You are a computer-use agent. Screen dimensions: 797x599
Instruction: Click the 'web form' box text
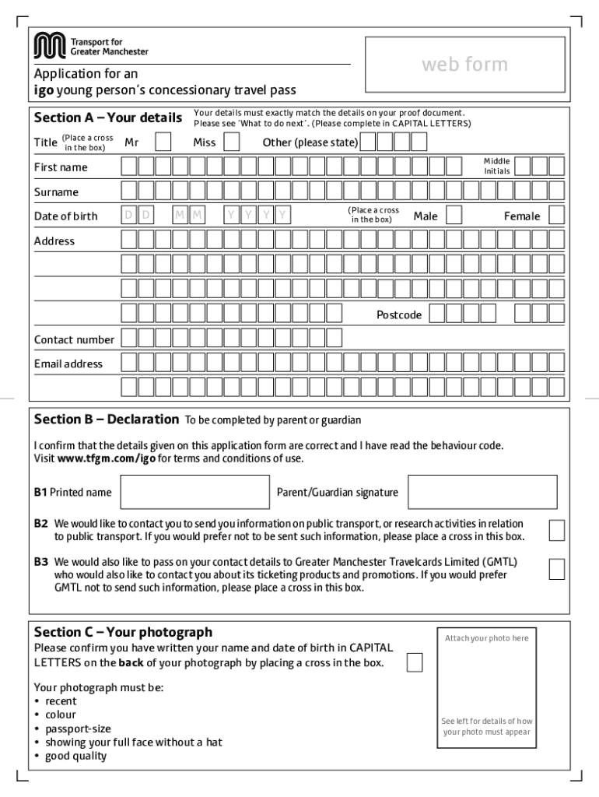464,64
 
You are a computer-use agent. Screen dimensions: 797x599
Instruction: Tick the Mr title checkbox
163,142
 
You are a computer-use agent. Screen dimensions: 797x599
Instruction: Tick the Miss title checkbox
232,142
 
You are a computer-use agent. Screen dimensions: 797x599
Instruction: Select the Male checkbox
454,216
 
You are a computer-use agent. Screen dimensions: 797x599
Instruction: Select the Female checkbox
555,216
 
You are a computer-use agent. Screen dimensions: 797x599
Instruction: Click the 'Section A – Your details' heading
107,118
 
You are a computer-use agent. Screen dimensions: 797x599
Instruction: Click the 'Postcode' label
399,314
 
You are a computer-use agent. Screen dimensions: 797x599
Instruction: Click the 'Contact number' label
74,339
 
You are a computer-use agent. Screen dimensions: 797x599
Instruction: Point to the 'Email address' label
68,363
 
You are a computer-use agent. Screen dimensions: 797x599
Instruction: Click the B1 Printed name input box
194,492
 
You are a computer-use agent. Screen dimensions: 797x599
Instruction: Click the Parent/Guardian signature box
482,492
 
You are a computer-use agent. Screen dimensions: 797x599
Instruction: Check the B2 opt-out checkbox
556,530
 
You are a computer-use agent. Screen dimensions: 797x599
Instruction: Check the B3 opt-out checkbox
556,569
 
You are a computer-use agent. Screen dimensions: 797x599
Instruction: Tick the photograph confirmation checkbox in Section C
415,662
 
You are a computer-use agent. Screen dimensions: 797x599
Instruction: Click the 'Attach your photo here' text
486,638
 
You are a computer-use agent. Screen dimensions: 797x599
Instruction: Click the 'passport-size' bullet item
78,729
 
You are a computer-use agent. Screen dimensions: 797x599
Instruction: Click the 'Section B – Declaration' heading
107,420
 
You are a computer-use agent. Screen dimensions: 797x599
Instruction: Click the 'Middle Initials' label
496,166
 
